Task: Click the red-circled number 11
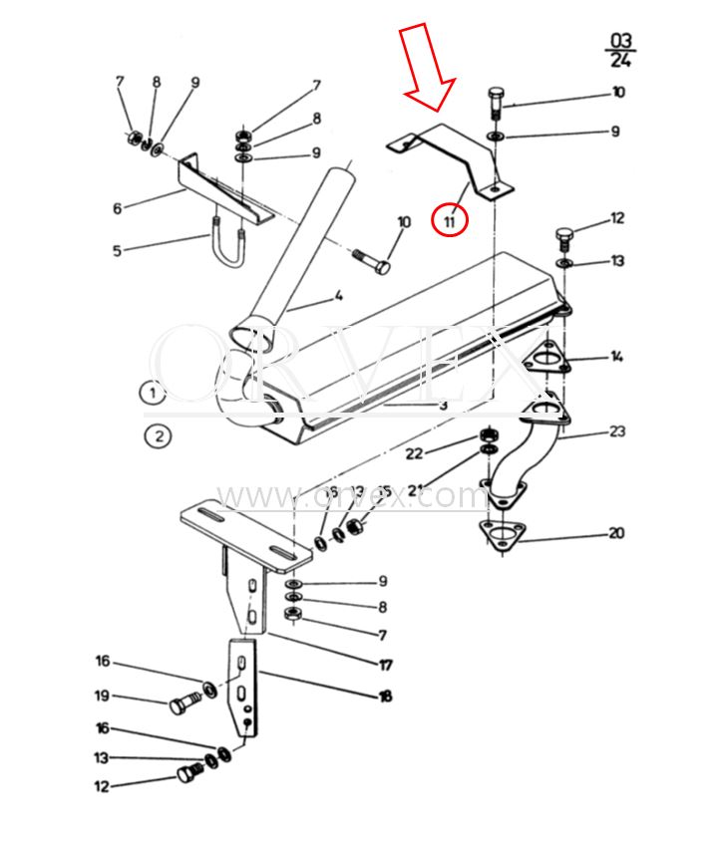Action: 450,220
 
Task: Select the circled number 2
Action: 157,435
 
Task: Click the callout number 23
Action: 617,431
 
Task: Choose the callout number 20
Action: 616,533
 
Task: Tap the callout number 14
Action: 617,356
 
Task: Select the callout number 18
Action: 384,697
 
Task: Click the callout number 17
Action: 385,665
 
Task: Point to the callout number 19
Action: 102,696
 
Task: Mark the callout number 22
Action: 414,453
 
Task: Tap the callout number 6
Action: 117,208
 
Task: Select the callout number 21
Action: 414,489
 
